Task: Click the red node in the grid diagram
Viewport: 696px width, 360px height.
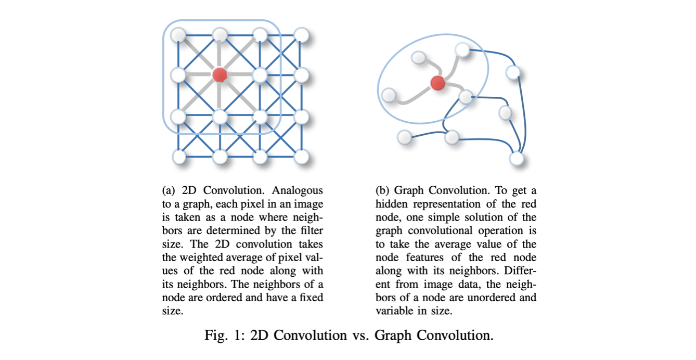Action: click(220, 75)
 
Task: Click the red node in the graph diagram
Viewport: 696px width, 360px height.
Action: click(437, 82)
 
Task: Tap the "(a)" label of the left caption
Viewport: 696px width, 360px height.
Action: click(169, 190)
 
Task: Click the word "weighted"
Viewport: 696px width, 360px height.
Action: click(200, 258)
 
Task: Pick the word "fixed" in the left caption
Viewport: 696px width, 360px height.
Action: click(310, 298)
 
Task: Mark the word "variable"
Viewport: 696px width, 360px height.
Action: click(393, 311)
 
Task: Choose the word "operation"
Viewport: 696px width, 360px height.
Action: click(513, 230)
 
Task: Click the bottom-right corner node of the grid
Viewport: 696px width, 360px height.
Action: click(301, 156)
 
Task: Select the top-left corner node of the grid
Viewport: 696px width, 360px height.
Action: click(178, 35)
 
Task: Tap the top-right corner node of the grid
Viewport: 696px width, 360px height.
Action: click(301, 35)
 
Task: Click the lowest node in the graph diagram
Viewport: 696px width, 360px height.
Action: click(516, 158)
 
